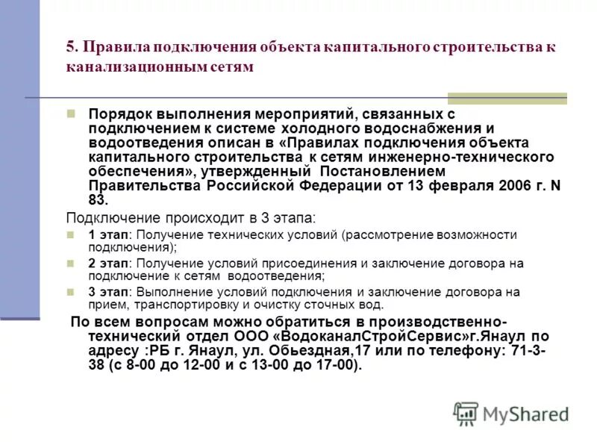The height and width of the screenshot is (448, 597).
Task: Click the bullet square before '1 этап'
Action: point(71,234)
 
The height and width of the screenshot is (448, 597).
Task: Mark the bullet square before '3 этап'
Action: point(71,291)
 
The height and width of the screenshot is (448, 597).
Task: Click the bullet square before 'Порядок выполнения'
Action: point(71,115)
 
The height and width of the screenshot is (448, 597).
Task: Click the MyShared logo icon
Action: point(466,413)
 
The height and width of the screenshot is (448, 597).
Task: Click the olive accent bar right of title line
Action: point(507,98)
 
